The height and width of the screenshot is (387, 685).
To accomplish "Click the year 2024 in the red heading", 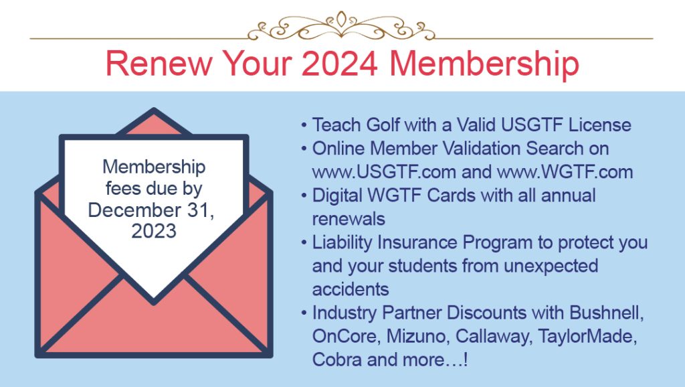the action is coord(339,64).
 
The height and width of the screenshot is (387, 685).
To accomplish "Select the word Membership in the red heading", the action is coord(484,65).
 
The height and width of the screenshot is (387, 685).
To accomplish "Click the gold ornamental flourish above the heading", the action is coord(341,26).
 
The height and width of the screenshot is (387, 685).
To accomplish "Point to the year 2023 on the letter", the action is coord(154,231).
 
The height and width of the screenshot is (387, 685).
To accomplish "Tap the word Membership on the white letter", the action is coord(154,167).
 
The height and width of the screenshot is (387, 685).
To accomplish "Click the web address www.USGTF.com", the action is coord(384,172).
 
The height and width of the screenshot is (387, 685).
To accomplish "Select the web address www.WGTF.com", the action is coord(565,172).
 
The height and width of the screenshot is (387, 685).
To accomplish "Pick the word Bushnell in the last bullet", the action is coord(607,313).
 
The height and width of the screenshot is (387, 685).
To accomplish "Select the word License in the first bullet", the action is coord(600,125).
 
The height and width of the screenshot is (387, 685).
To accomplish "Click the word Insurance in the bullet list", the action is coord(417,242).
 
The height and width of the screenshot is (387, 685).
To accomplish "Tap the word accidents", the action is coord(351,289).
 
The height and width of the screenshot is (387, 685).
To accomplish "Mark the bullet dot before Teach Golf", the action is coord(304,125).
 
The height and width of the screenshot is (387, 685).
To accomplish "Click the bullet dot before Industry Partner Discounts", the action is coord(304,313).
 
